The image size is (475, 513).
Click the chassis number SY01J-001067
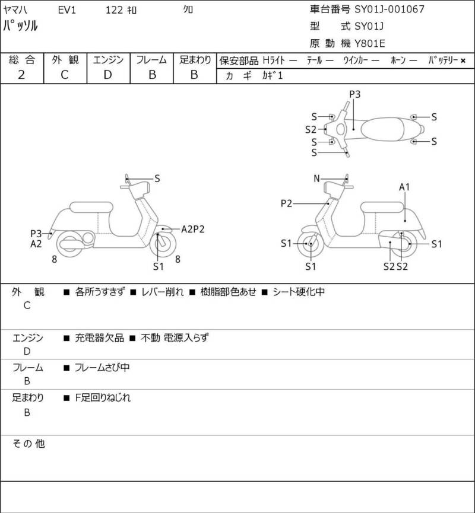coord(389,9)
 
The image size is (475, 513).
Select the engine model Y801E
coord(371,43)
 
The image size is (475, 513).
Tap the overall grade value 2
coord(21,75)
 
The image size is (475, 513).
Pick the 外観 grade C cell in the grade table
coord(65,75)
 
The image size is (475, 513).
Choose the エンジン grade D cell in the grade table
coord(107,75)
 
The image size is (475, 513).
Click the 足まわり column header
coord(195,60)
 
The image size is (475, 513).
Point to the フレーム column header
coord(151,60)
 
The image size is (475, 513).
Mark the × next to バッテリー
coord(463,60)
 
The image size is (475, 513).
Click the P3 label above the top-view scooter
coord(355,94)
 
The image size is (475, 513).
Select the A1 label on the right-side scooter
coord(405,187)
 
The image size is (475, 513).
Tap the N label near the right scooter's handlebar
coord(317,179)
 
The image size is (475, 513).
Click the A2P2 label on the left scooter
coord(193,229)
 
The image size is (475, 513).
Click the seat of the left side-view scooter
coord(91,207)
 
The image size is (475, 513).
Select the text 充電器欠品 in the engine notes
coord(100,337)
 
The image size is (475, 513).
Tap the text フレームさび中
coord(102,368)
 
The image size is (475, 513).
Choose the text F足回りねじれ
coord(103,398)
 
